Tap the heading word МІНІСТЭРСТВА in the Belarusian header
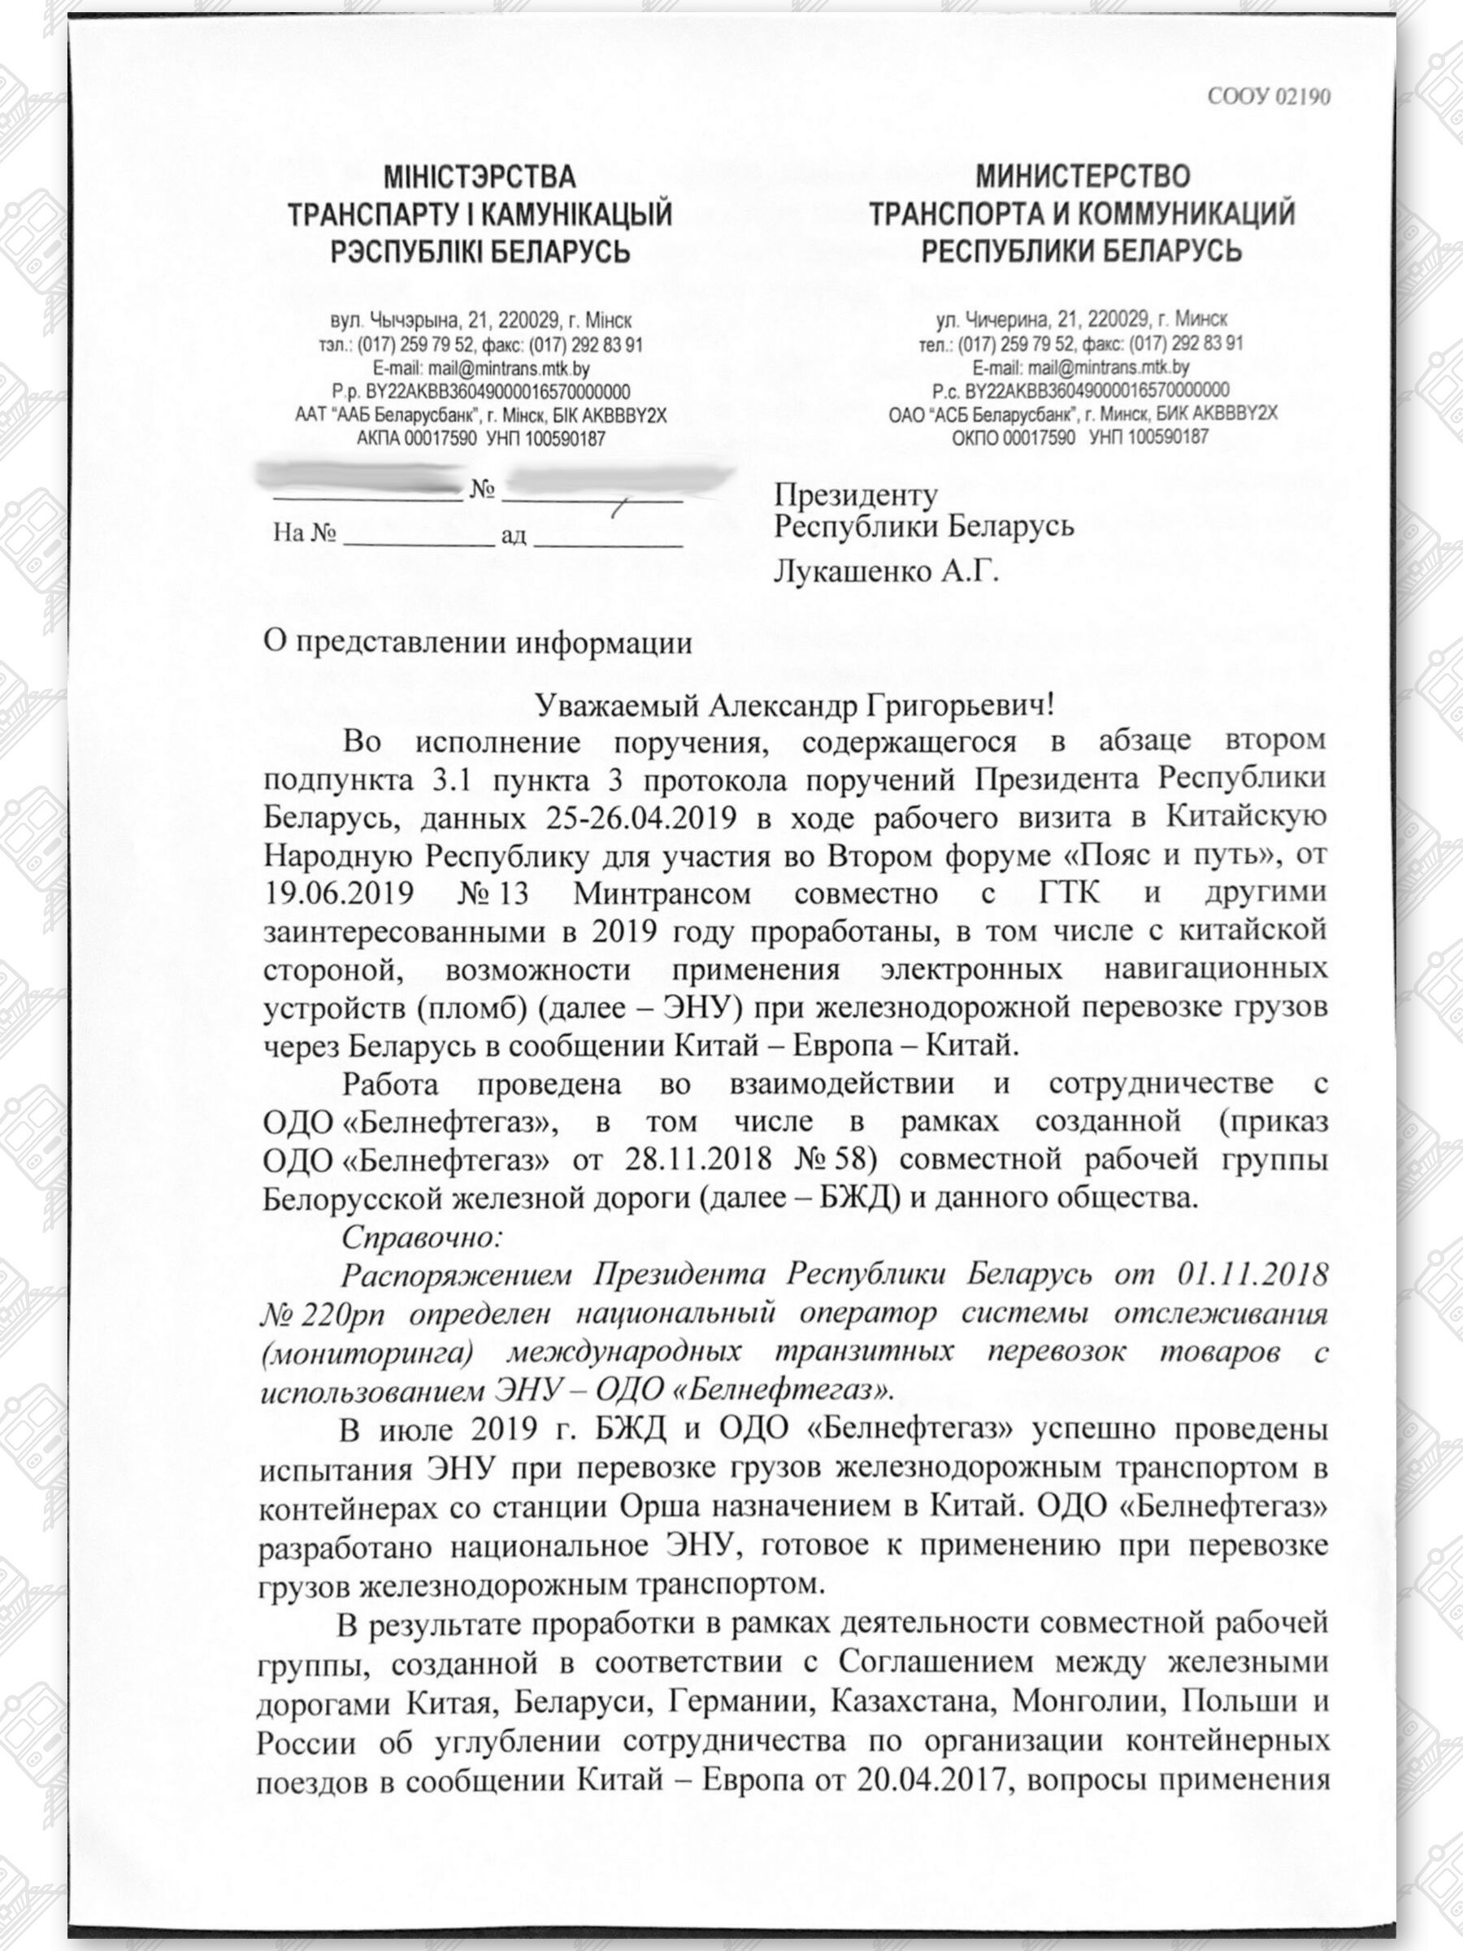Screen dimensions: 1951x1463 479,176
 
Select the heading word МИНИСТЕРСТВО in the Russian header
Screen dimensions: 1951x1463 1082,176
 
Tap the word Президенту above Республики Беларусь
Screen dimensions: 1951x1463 855,495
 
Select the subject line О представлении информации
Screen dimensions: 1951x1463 477,642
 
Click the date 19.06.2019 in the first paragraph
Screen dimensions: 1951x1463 339,893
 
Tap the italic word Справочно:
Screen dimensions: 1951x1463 422,1236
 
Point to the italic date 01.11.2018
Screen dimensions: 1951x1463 1252,1275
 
